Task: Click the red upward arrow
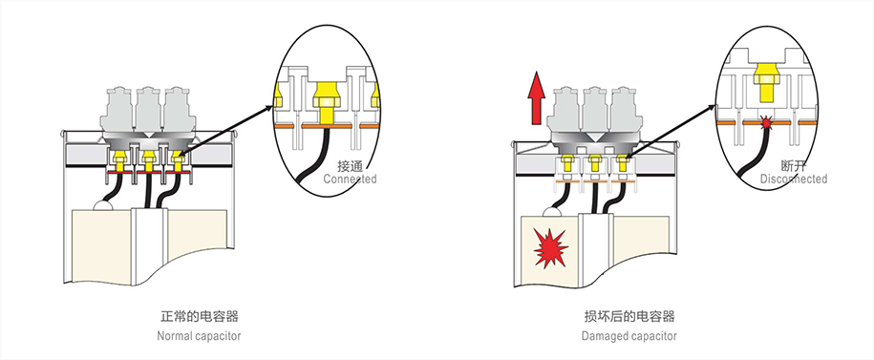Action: coord(536,98)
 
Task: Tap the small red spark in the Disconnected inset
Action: coord(766,122)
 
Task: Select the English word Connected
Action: coord(350,179)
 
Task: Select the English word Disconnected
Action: coord(794,179)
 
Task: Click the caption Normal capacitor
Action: coord(199,336)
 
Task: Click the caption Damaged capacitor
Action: coord(629,336)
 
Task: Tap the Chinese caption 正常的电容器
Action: coord(200,317)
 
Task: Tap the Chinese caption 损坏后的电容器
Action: coord(629,317)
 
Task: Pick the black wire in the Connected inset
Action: coord(309,156)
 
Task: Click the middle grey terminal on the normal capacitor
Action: coord(148,109)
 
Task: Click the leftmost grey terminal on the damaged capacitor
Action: coord(565,110)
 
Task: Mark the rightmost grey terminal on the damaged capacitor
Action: coord(625,110)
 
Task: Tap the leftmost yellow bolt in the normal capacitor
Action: coord(118,159)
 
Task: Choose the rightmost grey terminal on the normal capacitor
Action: coord(179,109)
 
